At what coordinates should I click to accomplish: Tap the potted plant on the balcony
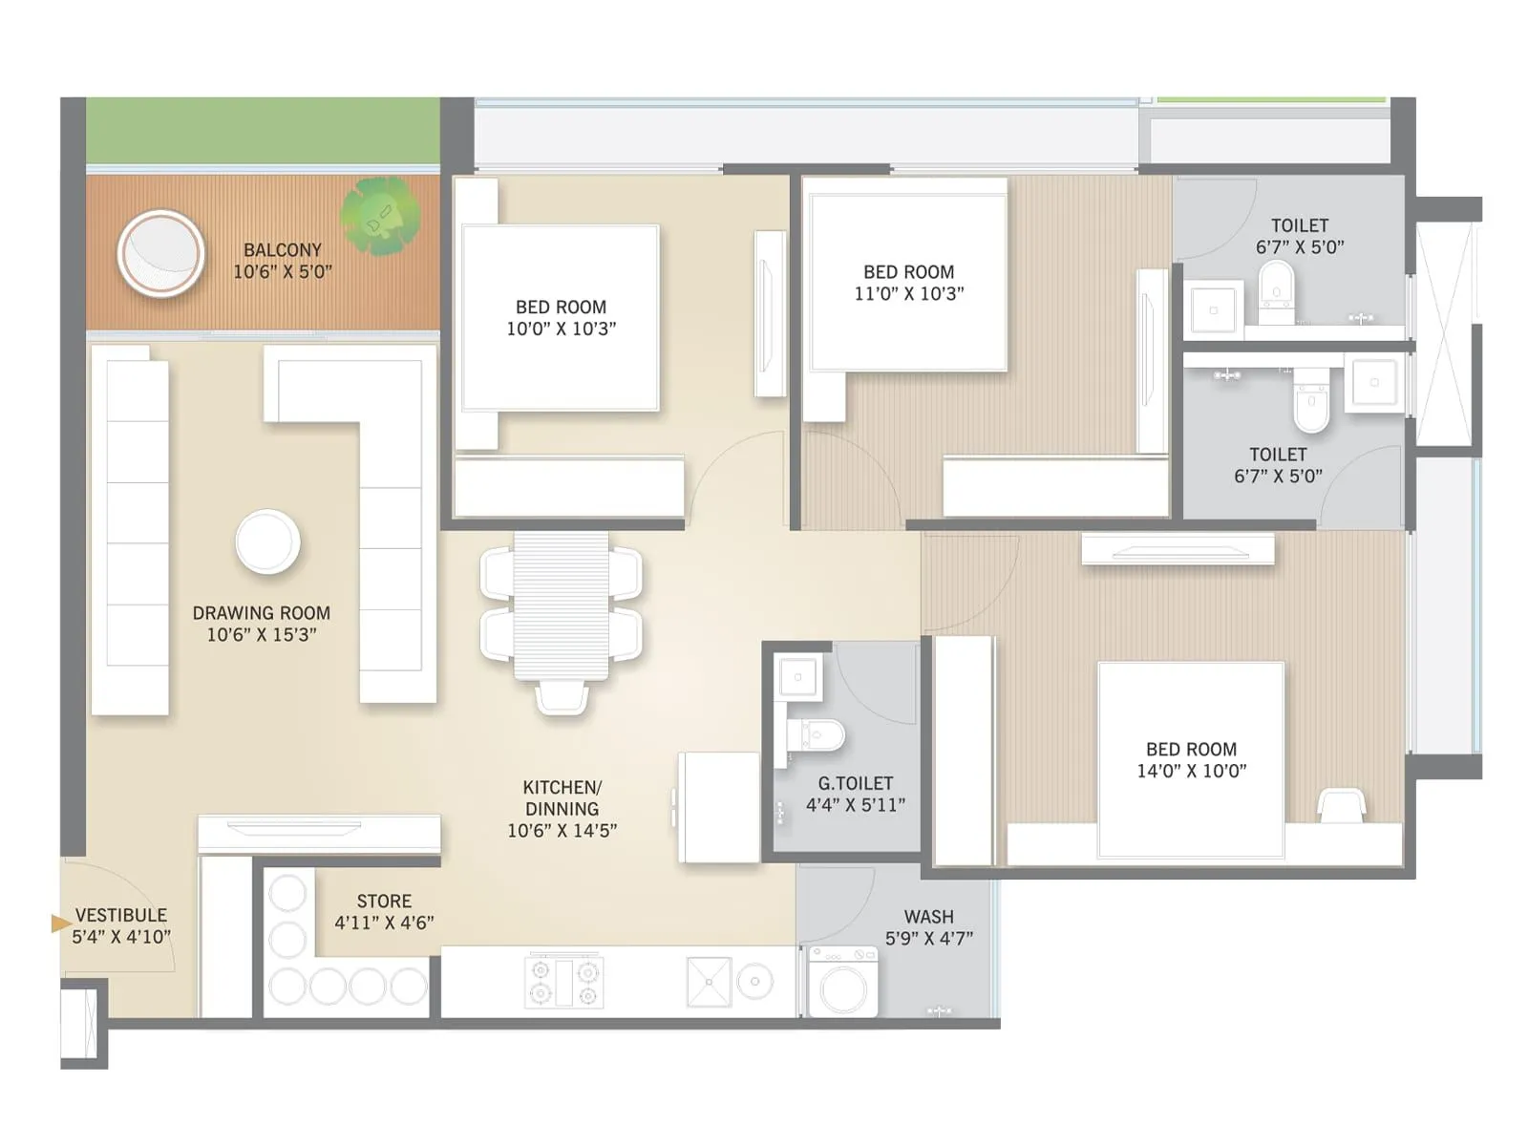pyautogui.click(x=380, y=217)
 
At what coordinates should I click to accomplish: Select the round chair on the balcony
pyautogui.click(x=160, y=255)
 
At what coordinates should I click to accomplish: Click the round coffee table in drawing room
pyautogui.click(x=267, y=542)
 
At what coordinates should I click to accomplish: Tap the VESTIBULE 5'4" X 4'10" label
pyautogui.click(x=121, y=926)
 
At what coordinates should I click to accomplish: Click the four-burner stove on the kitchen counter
pyautogui.click(x=563, y=982)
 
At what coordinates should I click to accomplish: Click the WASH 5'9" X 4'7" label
pyautogui.click(x=929, y=927)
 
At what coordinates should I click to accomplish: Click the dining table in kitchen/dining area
pyautogui.click(x=562, y=605)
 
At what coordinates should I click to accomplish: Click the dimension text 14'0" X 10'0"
pyautogui.click(x=1191, y=772)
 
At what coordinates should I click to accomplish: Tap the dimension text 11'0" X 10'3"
pyautogui.click(x=908, y=294)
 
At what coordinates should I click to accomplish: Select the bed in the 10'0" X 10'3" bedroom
pyautogui.click(x=561, y=318)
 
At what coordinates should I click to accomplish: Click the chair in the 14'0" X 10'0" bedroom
pyautogui.click(x=1341, y=805)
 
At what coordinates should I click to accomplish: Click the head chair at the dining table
pyautogui.click(x=562, y=698)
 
